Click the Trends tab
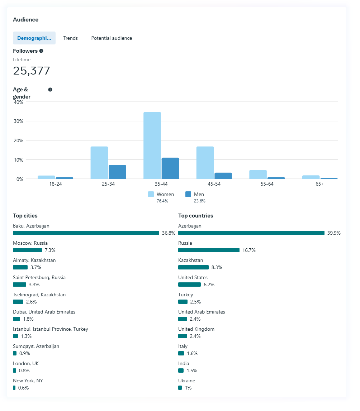point(70,38)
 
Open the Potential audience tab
point(112,38)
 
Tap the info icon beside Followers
point(41,51)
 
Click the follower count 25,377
point(32,71)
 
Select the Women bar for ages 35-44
point(152,145)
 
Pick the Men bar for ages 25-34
point(117,172)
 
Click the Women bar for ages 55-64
point(258,174)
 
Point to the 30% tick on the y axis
point(18,121)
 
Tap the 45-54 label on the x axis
point(214,184)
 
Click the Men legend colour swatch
point(188,194)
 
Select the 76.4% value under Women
point(162,201)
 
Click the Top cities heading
point(25,216)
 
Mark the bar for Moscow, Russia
point(27,250)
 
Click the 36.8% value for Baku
point(169,233)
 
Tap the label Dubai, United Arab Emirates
point(44,312)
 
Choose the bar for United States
point(189,285)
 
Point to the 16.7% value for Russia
point(249,250)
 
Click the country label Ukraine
point(186,381)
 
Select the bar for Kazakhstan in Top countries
point(193,267)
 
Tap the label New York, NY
point(28,381)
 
